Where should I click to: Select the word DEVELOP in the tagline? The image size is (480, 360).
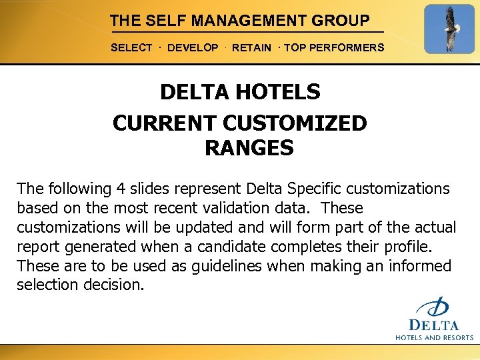tap(193, 48)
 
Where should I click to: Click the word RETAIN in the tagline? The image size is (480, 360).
tap(251, 48)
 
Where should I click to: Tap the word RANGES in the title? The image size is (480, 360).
tap(249, 148)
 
